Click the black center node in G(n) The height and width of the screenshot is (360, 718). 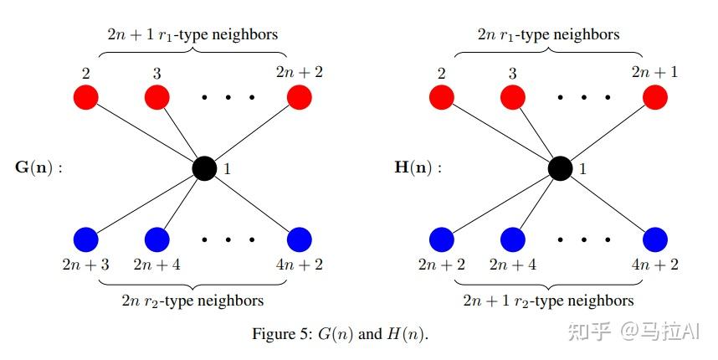(x=204, y=168)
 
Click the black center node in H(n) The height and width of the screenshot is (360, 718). (x=560, y=168)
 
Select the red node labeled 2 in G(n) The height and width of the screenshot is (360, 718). (x=85, y=97)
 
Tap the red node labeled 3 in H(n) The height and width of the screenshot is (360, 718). (x=512, y=97)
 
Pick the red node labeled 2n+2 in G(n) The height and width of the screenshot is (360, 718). (x=299, y=97)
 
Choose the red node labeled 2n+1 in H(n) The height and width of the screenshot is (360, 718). (x=654, y=97)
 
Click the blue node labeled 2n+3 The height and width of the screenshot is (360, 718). (x=85, y=239)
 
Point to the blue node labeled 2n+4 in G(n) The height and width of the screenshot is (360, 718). (x=156, y=239)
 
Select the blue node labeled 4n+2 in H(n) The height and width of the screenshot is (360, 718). (x=654, y=239)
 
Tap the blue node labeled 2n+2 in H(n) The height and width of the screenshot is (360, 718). (x=441, y=239)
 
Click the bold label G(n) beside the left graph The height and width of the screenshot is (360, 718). (x=38, y=167)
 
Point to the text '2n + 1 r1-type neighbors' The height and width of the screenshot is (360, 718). (x=192, y=35)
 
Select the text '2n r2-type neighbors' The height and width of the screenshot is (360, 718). (x=192, y=300)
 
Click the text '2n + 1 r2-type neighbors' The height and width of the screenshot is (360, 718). (x=548, y=300)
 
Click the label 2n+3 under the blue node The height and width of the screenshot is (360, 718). (x=85, y=265)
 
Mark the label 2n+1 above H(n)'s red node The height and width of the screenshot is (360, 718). (x=655, y=72)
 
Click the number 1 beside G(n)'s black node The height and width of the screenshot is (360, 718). (x=227, y=169)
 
